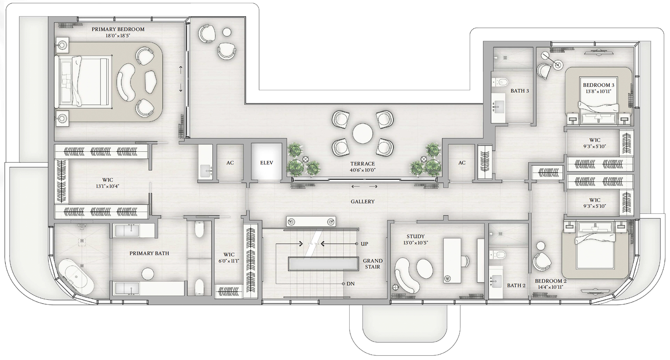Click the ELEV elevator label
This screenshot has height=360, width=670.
[x=266, y=163]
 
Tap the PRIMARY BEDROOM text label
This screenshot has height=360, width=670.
[x=118, y=29]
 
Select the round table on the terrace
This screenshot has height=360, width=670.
[x=363, y=134]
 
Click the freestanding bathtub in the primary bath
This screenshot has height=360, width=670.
[x=76, y=276]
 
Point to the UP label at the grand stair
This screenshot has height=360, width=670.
[x=364, y=244]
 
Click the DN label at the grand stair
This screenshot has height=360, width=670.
[x=350, y=284]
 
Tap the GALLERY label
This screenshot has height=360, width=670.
[x=363, y=202]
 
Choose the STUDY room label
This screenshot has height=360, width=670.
[x=415, y=237]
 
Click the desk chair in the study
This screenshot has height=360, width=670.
[x=465, y=261]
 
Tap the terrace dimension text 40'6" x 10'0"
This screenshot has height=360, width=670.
[x=363, y=170]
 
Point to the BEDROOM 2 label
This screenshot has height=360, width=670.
[x=551, y=281]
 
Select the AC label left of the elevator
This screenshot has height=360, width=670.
[x=230, y=163]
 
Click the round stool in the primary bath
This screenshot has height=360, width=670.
[x=148, y=274]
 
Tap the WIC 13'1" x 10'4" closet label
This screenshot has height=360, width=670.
[x=108, y=183]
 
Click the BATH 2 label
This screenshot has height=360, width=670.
[x=516, y=285]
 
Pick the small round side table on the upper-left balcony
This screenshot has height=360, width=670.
[x=227, y=32]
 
